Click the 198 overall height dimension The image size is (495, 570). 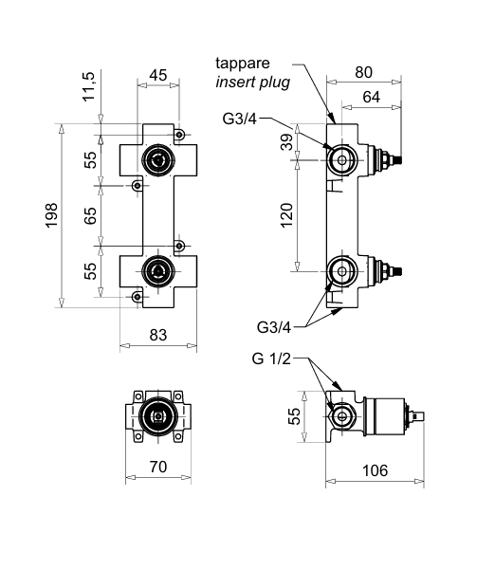point(51,215)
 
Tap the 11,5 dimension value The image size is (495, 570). point(88,86)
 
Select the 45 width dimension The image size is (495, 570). point(158,75)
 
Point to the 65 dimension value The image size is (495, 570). point(90,215)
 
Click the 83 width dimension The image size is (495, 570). point(158,335)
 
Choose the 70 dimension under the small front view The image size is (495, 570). point(158,467)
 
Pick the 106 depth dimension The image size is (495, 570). point(376,470)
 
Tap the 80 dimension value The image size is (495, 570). point(363,72)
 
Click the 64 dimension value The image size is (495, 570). point(372,97)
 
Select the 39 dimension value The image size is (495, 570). point(286,142)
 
